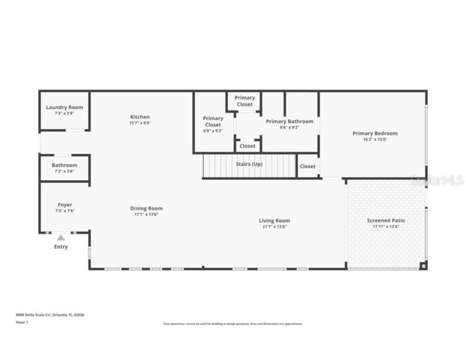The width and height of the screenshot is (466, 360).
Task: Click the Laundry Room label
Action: [64, 107]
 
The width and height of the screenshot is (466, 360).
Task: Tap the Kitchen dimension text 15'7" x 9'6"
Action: [140, 123]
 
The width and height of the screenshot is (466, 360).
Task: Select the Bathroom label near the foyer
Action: [64, 165]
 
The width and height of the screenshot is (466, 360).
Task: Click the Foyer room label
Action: [65, 205]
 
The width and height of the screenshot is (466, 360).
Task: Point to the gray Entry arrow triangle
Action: [61, 238]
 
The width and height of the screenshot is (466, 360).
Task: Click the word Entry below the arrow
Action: [61, 246]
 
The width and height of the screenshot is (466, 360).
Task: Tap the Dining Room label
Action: [146, 208]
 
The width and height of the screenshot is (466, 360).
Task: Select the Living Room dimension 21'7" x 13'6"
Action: [274, 226]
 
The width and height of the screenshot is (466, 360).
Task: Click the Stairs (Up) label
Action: [249, 164]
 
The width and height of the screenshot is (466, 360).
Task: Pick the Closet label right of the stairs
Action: [308, 166]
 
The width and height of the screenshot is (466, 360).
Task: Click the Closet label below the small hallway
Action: [248, 146]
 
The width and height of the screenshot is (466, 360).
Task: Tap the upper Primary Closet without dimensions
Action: [245, 101]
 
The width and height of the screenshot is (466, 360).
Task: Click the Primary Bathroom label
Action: [289, 121]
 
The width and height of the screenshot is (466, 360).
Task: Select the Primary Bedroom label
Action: [375, 133]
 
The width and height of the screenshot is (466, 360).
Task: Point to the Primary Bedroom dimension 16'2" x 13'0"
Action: [375, 139]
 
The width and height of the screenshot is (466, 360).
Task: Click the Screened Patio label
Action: [386, 220]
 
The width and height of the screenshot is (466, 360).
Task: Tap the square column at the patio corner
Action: [423, 266]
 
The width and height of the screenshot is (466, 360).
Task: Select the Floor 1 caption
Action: [22, 322]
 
